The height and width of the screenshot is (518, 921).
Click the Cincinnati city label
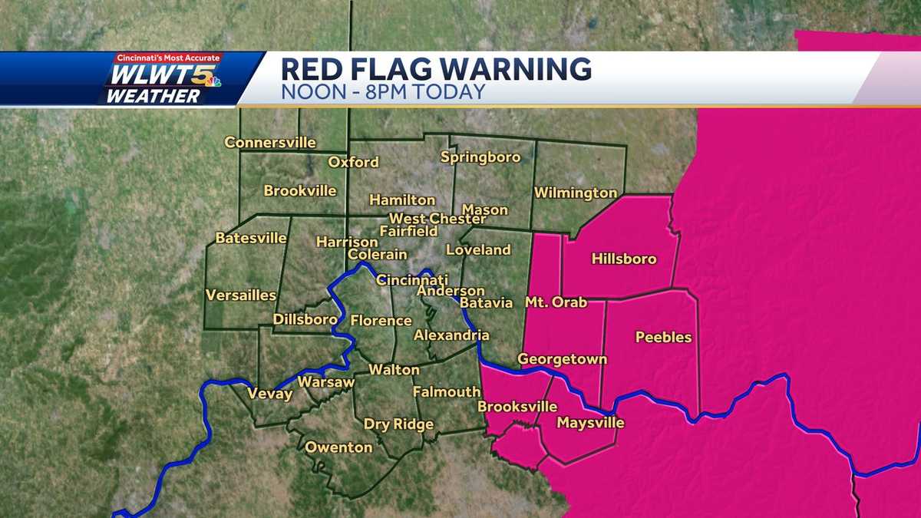412,280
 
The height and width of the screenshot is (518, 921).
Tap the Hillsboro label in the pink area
624,259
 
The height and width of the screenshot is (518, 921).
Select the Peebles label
663,337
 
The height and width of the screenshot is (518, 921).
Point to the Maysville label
590,423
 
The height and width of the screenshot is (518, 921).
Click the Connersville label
270,142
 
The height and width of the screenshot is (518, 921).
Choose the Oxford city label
353,162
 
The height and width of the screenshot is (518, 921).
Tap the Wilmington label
576,193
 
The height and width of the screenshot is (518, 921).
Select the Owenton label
338,447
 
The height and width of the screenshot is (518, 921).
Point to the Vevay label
269,394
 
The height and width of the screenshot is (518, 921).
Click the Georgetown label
562,358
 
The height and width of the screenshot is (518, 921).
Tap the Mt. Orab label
556,302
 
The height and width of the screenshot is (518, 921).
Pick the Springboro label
480,157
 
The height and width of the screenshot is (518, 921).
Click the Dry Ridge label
398,424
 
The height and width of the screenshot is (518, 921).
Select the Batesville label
251,238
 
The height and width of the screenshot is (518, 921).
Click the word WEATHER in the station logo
153,96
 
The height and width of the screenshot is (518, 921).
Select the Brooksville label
517,407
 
